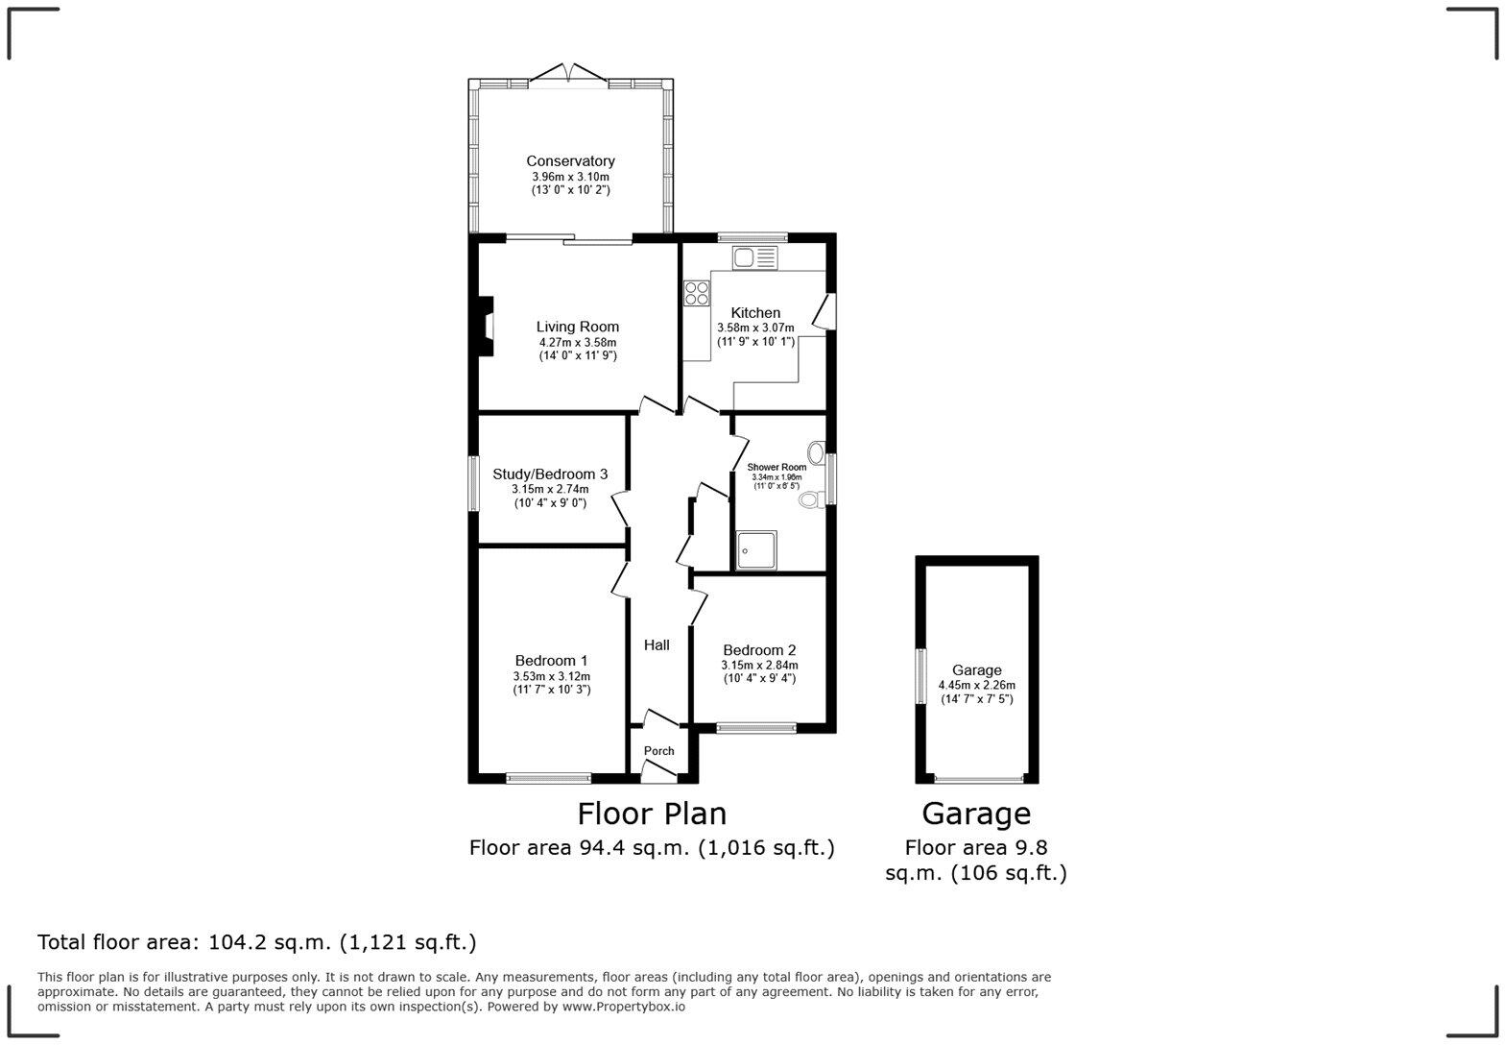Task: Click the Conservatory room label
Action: [570, 161]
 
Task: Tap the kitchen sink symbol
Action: [754, 257]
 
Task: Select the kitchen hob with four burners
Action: [697, 293]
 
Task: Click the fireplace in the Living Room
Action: [487, 328]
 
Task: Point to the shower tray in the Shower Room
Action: [757, 550]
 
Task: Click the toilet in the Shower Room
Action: [811, 498]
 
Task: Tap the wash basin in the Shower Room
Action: [817, 452]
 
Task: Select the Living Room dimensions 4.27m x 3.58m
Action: [577, 342]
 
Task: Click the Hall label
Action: [657, 645]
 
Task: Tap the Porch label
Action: [658, 751]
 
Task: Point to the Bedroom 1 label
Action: [551, 661]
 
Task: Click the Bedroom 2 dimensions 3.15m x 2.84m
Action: [759, 665]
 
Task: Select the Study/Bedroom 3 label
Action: [550, 474]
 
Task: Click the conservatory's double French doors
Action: [569, 74]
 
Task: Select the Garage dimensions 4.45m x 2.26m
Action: [976, 686]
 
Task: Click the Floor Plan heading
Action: [652, 814]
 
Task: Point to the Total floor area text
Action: [256, 942]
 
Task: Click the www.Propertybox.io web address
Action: [623, 1007]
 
